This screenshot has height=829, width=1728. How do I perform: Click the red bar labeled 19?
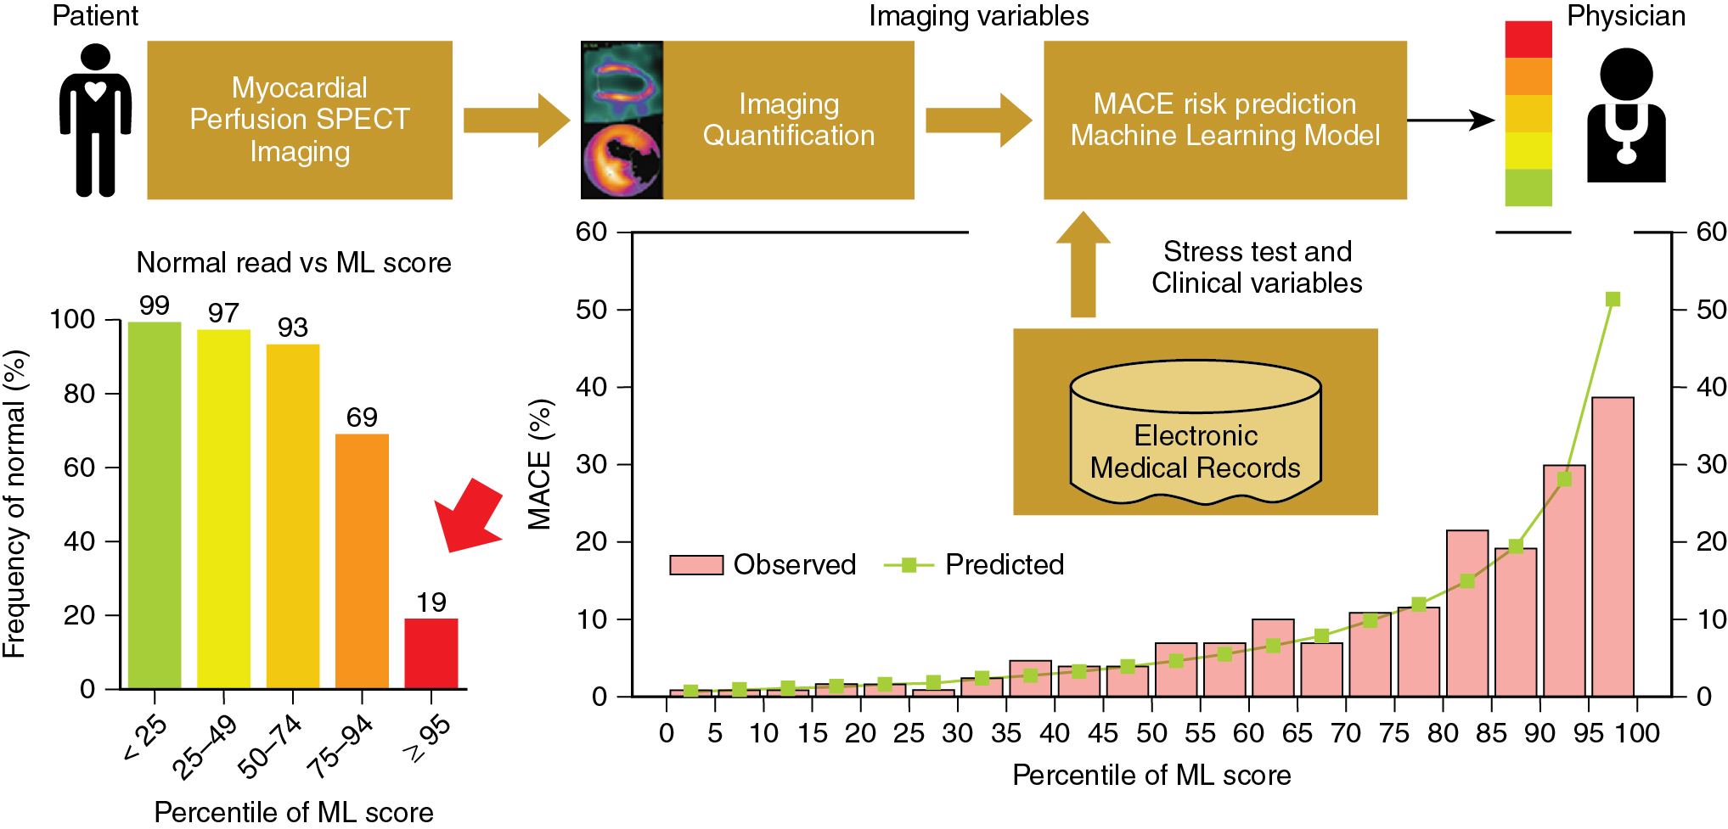point(431,653)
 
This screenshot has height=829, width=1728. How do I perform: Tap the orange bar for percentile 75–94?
point(362,561)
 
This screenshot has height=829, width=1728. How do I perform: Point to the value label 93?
point(293,328)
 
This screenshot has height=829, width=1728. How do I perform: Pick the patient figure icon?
point(95,120)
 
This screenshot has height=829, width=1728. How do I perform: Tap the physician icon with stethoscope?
point(1625,115)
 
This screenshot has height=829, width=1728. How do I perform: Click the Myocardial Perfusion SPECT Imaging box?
point(300,120)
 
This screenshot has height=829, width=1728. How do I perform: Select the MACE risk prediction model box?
point(1224,120)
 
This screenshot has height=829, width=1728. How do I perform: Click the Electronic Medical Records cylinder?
point(1195,433)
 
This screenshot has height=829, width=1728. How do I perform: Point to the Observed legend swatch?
point(695,565)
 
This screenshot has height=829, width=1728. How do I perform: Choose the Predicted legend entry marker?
point(909,565)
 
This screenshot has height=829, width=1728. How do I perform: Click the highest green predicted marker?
point(1613,300)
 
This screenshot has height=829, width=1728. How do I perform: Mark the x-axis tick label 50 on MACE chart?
point(1151,733)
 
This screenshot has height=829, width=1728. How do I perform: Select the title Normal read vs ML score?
point(294,263)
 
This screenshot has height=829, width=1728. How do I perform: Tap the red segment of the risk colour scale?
point(1528,39)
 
